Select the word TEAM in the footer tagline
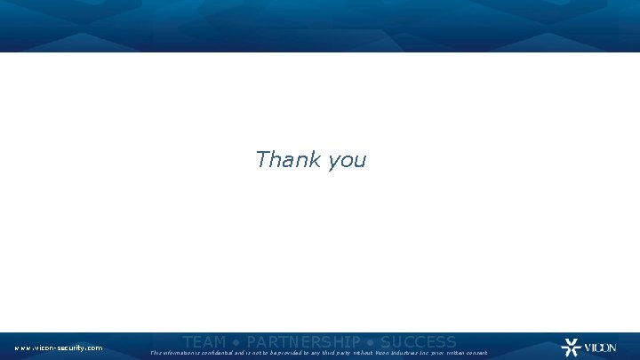tap(204, 342)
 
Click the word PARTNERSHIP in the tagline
tap(303, 342)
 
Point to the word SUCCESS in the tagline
tap(418, 342)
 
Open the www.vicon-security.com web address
tap(58, 348)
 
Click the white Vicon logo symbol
tap(570, 348)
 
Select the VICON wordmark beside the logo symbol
tap(599, 348)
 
